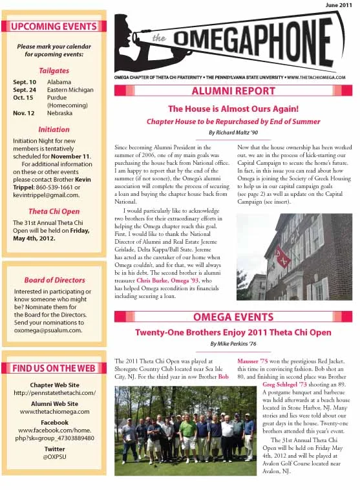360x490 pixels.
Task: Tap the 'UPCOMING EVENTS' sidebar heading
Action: (54, 27)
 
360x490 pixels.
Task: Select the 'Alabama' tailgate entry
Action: (60, 82)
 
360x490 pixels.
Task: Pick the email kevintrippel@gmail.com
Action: (46, 195)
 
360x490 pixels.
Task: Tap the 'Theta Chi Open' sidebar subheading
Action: (54, 211)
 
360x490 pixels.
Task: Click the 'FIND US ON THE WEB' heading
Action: (54, 368)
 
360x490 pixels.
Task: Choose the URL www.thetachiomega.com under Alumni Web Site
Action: (54, 411)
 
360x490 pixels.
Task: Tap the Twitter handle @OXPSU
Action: (54, 457)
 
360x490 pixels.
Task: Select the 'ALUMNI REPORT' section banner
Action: (233, 91)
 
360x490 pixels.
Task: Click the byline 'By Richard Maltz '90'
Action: (233, 132)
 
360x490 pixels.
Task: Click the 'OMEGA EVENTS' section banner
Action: (233, 317)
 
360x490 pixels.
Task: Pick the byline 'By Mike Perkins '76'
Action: (233, 344)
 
